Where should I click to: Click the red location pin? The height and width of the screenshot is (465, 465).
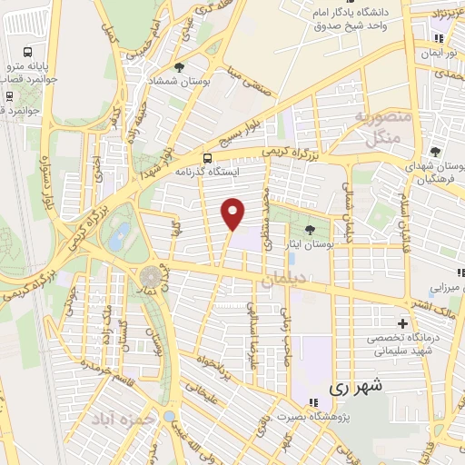pyautogui.click(x=233, y=213)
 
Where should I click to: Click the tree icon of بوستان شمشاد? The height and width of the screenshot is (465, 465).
pyautogui.click(x=180, y=66)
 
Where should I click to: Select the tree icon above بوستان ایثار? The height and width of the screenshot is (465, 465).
pyautogui.click(x=311, y=230)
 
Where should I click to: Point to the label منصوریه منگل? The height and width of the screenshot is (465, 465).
pyautogui.click(x=383, y=128)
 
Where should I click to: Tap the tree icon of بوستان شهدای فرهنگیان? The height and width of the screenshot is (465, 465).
pyautogui.click(x=436, y=151)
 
